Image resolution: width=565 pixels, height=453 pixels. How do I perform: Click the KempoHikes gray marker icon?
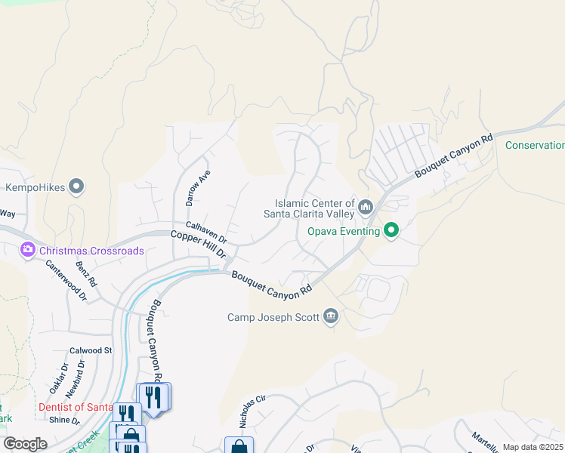(x=76, y=186)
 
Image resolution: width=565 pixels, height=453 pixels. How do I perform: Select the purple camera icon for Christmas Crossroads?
(x=28, y=249)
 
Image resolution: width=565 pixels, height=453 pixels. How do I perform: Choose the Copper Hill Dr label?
(x=198, y=245)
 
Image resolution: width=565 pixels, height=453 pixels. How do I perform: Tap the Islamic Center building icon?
(x=366, y=206)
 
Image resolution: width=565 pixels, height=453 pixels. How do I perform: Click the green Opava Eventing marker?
(x=391, y=230)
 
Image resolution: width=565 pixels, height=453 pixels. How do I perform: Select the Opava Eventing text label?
(x=344, y=230)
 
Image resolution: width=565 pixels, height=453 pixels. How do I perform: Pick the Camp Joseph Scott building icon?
(x=330, y=316)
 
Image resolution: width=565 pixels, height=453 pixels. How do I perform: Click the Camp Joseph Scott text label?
(x=273, y=316)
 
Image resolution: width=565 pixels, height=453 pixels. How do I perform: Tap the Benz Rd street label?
(x=87, y=274)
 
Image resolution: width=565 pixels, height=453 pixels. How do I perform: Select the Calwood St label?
(x=91, y=350)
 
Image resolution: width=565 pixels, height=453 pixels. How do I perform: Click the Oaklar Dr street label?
(x=59, y=378)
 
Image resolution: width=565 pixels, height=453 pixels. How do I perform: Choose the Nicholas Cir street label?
(x=252, y=407)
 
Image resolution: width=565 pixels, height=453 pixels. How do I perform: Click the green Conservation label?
(x=535, y=145)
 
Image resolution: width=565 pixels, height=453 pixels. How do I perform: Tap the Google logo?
(x=26, y=444)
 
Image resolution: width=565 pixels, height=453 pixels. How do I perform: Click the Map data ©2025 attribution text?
(x=533, y=447)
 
